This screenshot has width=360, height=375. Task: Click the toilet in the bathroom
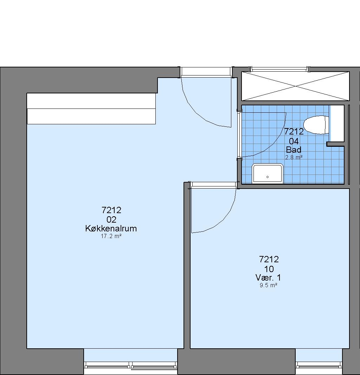coord(316,125)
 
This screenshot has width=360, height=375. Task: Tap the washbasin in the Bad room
coord(268,173)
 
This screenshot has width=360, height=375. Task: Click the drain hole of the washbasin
coord(268,177)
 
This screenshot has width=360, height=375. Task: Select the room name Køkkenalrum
coord(111,228)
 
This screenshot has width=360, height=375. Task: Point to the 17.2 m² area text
coord(111,236)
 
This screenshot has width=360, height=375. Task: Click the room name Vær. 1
coord(268,278)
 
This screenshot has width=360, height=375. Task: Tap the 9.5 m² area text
coord(269,285)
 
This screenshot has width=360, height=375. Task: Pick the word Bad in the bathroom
coord(294,150)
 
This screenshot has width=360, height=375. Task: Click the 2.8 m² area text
coord(294,157)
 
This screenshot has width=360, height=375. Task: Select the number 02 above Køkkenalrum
coord(111,219)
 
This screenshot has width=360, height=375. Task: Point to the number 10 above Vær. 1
coord(269,269)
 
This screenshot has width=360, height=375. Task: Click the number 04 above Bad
coord(294,141)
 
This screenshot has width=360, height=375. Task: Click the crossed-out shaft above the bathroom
coord(295,86)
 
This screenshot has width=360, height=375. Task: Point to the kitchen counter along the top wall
coord(91,108)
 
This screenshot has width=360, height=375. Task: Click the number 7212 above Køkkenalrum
coord(111,210)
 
